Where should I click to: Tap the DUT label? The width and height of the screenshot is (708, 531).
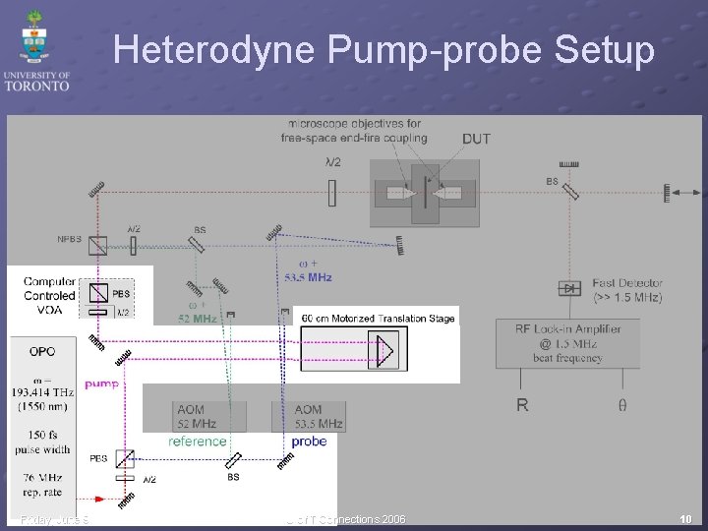tap(476, 139)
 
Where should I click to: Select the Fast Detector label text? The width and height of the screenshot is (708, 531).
tap(627, 289)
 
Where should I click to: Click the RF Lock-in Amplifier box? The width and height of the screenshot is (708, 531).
tap(567, 343)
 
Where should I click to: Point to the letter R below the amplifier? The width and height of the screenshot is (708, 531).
tap(522, 404)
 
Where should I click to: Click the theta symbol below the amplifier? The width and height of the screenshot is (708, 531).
tap(622, 404)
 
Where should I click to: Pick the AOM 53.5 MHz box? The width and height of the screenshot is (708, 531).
tap(309, 416)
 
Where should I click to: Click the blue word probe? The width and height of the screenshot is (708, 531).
tap(309, 442)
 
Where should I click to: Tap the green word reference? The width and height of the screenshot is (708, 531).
tap(197, 442)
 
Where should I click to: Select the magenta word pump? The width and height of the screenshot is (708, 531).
tap(102, 383)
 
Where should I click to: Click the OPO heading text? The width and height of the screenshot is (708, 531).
tap(42, 351)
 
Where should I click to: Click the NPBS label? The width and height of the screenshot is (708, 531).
tap(70, 239)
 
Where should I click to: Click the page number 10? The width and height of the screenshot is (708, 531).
tap(684, 518)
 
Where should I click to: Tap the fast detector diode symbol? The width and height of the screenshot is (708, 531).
tap(568, 288)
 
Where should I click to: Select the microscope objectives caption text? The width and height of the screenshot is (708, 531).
tap(354, 131)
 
